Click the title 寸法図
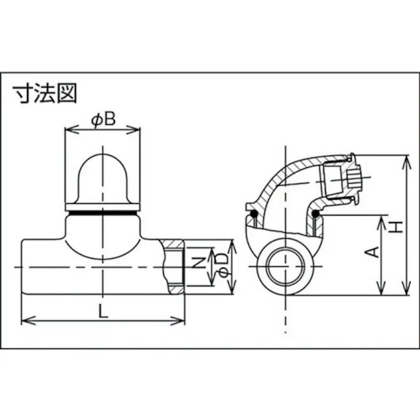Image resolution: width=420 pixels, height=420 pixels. (x=45, y=93)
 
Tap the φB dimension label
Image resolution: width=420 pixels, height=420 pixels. (x=102, y=121)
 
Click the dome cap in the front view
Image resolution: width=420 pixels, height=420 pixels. (x=102, y=177)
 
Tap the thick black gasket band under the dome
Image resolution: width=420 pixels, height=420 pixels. (x=102, y=208)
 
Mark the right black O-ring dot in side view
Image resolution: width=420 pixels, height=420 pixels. (x=316, y=213)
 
